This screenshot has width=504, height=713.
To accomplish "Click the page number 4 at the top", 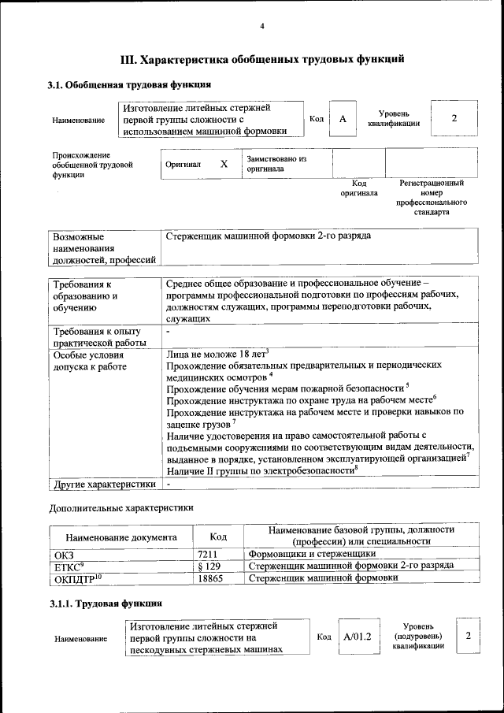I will pyautogui.click(x=262, y=27).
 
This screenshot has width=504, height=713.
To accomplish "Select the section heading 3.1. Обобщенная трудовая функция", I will pyautogui.click(x=128, y=84).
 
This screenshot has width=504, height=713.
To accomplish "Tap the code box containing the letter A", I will pyautogui.click(x=342, y=118).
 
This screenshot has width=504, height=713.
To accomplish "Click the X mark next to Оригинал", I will pyautogui.click(x=224, y=164).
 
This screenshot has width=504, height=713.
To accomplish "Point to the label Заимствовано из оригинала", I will pyautogui.click(x=276, y=164).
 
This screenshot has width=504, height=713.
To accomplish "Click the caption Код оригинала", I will pyautogui.click(x=358, y=188).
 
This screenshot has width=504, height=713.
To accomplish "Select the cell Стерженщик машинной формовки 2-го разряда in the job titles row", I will pyautogui.click(x=269, y=236).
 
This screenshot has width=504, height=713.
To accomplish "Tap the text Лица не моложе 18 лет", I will pyautogui.click(x=217, y=355).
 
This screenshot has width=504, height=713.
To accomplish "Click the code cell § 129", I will pyautogui.click(x=209, y=566).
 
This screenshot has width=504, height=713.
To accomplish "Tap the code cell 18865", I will pyautogui.click(x=210, y=578).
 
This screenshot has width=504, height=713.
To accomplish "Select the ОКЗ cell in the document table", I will pyautogui.click(x=63, y=555).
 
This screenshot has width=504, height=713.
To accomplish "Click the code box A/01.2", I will pyautogui.click(x=357, y=635).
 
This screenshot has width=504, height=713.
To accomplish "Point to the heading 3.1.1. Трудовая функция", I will pyautogui.click(x=106, y=603).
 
